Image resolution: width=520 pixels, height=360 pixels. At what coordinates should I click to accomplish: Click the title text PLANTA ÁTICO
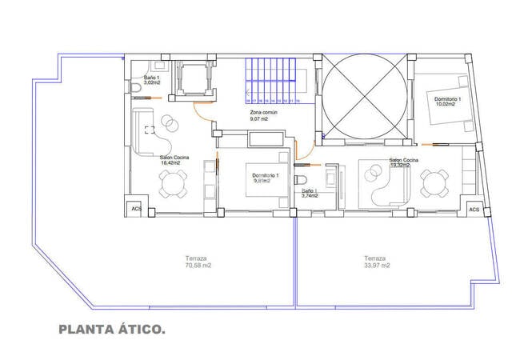[x=112, y=329]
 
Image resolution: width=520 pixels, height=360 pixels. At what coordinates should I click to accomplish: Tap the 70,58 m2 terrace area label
[x=196, y=266]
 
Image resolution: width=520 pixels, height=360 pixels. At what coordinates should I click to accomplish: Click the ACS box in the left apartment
[x=135, y=209]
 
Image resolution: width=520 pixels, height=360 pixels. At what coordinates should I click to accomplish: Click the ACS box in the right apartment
[x=474, y=209]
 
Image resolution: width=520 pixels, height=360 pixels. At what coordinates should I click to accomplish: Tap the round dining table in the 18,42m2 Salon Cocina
[x=174, y=185]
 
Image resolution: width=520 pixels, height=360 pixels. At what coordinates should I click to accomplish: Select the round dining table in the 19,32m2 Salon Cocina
[x=435, y=184]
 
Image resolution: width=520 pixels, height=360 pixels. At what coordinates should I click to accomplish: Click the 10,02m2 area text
[x=448, y=104]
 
